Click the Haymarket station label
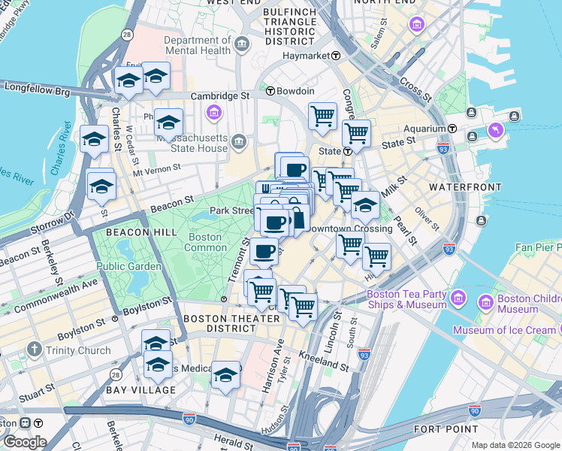click(307, 56)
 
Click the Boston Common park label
click(204, 242)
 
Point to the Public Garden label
click(128, 266)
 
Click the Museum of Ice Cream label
click(505, 331)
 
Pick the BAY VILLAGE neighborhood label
click(140, 390)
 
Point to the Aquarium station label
click(426, 129)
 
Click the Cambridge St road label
click(219, 96)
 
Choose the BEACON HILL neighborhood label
click(134, 232)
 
